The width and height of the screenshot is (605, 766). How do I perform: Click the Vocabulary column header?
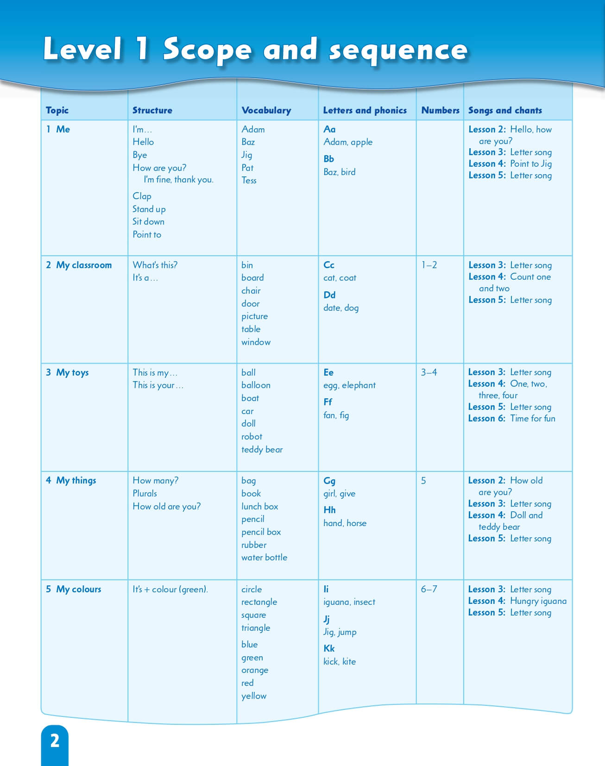[266, 110]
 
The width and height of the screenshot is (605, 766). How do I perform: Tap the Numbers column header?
[440, 110]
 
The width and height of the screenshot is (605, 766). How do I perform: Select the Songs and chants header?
[505, 110]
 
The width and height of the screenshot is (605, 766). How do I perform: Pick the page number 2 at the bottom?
[55, 741]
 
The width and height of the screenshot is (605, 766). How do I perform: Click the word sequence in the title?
[398, 50]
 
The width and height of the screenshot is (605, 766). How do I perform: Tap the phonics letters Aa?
[329, 129]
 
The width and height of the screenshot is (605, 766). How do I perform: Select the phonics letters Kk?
[329, 648]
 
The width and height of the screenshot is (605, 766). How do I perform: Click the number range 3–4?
[429, 372]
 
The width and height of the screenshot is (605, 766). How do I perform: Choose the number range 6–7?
[429, 589]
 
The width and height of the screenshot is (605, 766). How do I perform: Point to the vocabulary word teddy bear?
[262, 450]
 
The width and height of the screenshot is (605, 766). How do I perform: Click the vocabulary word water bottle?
[264, 558]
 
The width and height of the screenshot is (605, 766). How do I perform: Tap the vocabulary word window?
[256, 342]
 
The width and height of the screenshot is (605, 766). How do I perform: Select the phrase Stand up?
[149, 209]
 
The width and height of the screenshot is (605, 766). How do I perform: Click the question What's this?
[155, 265]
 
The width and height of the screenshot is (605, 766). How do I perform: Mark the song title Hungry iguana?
[538, 601]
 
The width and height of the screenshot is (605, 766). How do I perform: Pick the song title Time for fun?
[533, 419]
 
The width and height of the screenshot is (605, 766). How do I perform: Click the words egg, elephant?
[349, 385]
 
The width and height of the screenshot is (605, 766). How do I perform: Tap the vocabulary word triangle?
[256, 628]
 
